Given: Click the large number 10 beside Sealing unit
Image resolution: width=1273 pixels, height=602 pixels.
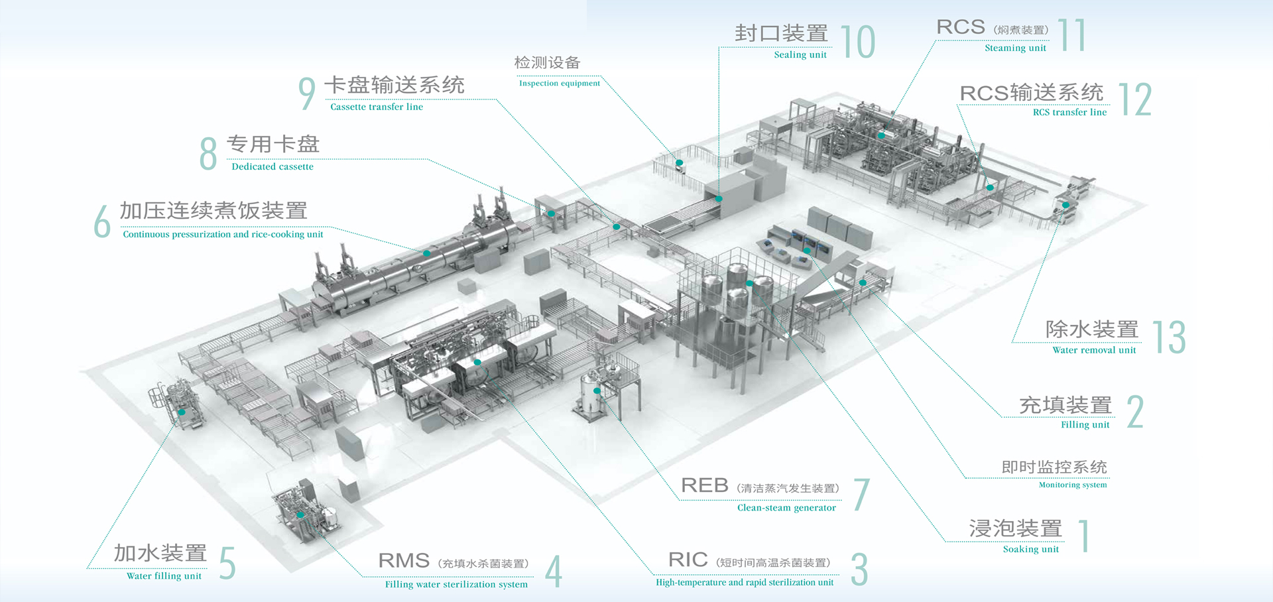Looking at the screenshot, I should pos(858,42).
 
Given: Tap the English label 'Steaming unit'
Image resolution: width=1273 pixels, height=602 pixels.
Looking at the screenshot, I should pos(1015,48).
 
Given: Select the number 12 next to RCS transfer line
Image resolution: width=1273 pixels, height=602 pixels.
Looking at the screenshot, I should pos(1135,100).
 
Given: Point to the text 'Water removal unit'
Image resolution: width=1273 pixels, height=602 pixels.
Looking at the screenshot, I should pos(1094,350).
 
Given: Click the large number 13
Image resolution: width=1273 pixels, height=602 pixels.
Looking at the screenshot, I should pos(1169,337).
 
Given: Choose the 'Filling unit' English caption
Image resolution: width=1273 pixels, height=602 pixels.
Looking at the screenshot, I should pos(1085,425).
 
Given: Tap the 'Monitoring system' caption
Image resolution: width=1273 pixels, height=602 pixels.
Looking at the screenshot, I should pos(1072,485).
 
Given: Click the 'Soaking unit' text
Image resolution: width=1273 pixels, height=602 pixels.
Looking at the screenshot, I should pos(1030,550).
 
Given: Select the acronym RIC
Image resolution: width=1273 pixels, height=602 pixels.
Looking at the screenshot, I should pos(688,560).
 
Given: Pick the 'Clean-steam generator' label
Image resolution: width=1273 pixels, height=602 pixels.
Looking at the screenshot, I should pos(786,508).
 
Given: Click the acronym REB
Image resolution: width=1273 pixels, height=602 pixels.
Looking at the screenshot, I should pos(704,486).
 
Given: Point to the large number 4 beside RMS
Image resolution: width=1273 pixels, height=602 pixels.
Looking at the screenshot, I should pos(554,572).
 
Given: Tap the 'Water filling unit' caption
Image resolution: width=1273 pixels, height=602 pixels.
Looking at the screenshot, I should pos(164,576).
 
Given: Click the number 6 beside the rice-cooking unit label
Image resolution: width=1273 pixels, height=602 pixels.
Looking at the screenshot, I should pos(102,221).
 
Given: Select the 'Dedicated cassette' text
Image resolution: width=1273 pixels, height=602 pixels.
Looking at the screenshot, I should pos(273,167).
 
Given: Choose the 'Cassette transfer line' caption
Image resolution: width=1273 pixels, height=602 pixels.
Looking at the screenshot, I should pos(377,107).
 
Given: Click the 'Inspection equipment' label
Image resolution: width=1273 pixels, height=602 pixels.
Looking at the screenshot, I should pos(559,84).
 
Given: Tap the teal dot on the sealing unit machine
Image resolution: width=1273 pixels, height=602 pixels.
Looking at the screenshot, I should pos(719,198).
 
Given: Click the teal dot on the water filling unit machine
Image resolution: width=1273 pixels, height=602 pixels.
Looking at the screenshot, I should pos(182,412).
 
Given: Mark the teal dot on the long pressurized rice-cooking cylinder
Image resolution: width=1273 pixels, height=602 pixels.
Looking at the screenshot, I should pos(426,253).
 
